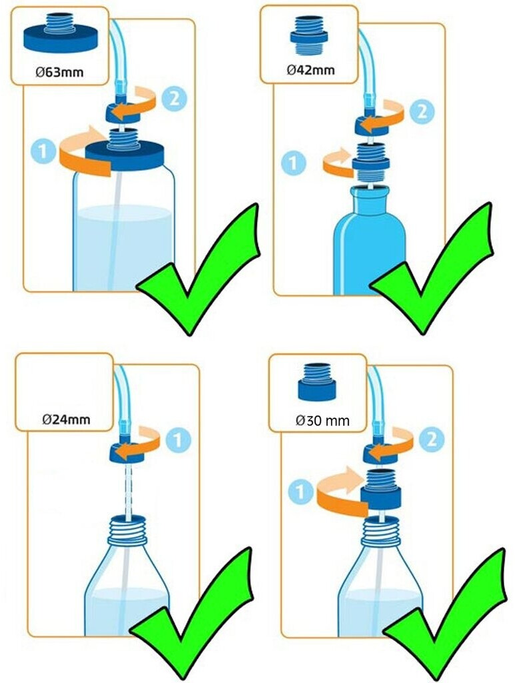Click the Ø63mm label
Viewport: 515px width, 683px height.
pos(59,71)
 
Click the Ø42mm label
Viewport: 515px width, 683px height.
pos(310,69)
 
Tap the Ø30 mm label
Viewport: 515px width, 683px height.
pos(322,420)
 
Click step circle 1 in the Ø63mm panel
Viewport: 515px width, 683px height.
pos(43,151)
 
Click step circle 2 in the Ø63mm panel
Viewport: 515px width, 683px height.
pos(174,99)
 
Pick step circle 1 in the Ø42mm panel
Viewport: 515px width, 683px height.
pos(294,163)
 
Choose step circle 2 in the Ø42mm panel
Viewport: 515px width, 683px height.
pos(422,112)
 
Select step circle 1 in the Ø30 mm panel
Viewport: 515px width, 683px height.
pos(300,492)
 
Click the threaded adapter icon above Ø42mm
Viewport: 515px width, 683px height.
pos(310,36)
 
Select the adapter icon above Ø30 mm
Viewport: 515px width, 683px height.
pos(316,382)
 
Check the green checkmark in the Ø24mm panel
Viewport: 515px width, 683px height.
pos(191,614)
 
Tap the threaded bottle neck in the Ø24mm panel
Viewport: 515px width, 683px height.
pos(127,530)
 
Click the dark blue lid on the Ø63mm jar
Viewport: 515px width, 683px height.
pos(126,155)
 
